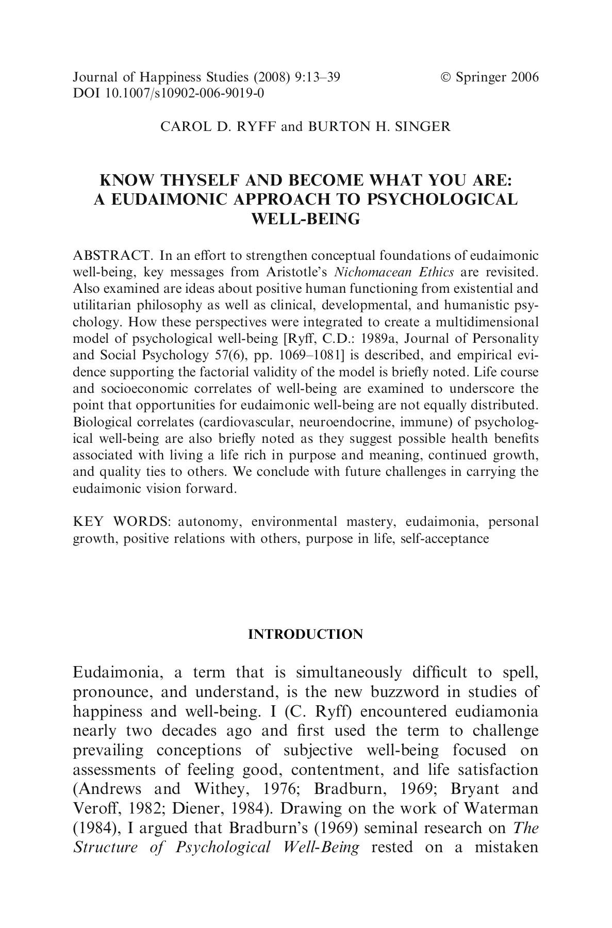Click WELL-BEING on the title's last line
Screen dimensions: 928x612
pyautogui.click(x=305, y=219)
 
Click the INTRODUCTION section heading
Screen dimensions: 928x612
pyautogui.click(x=305, y=634)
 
